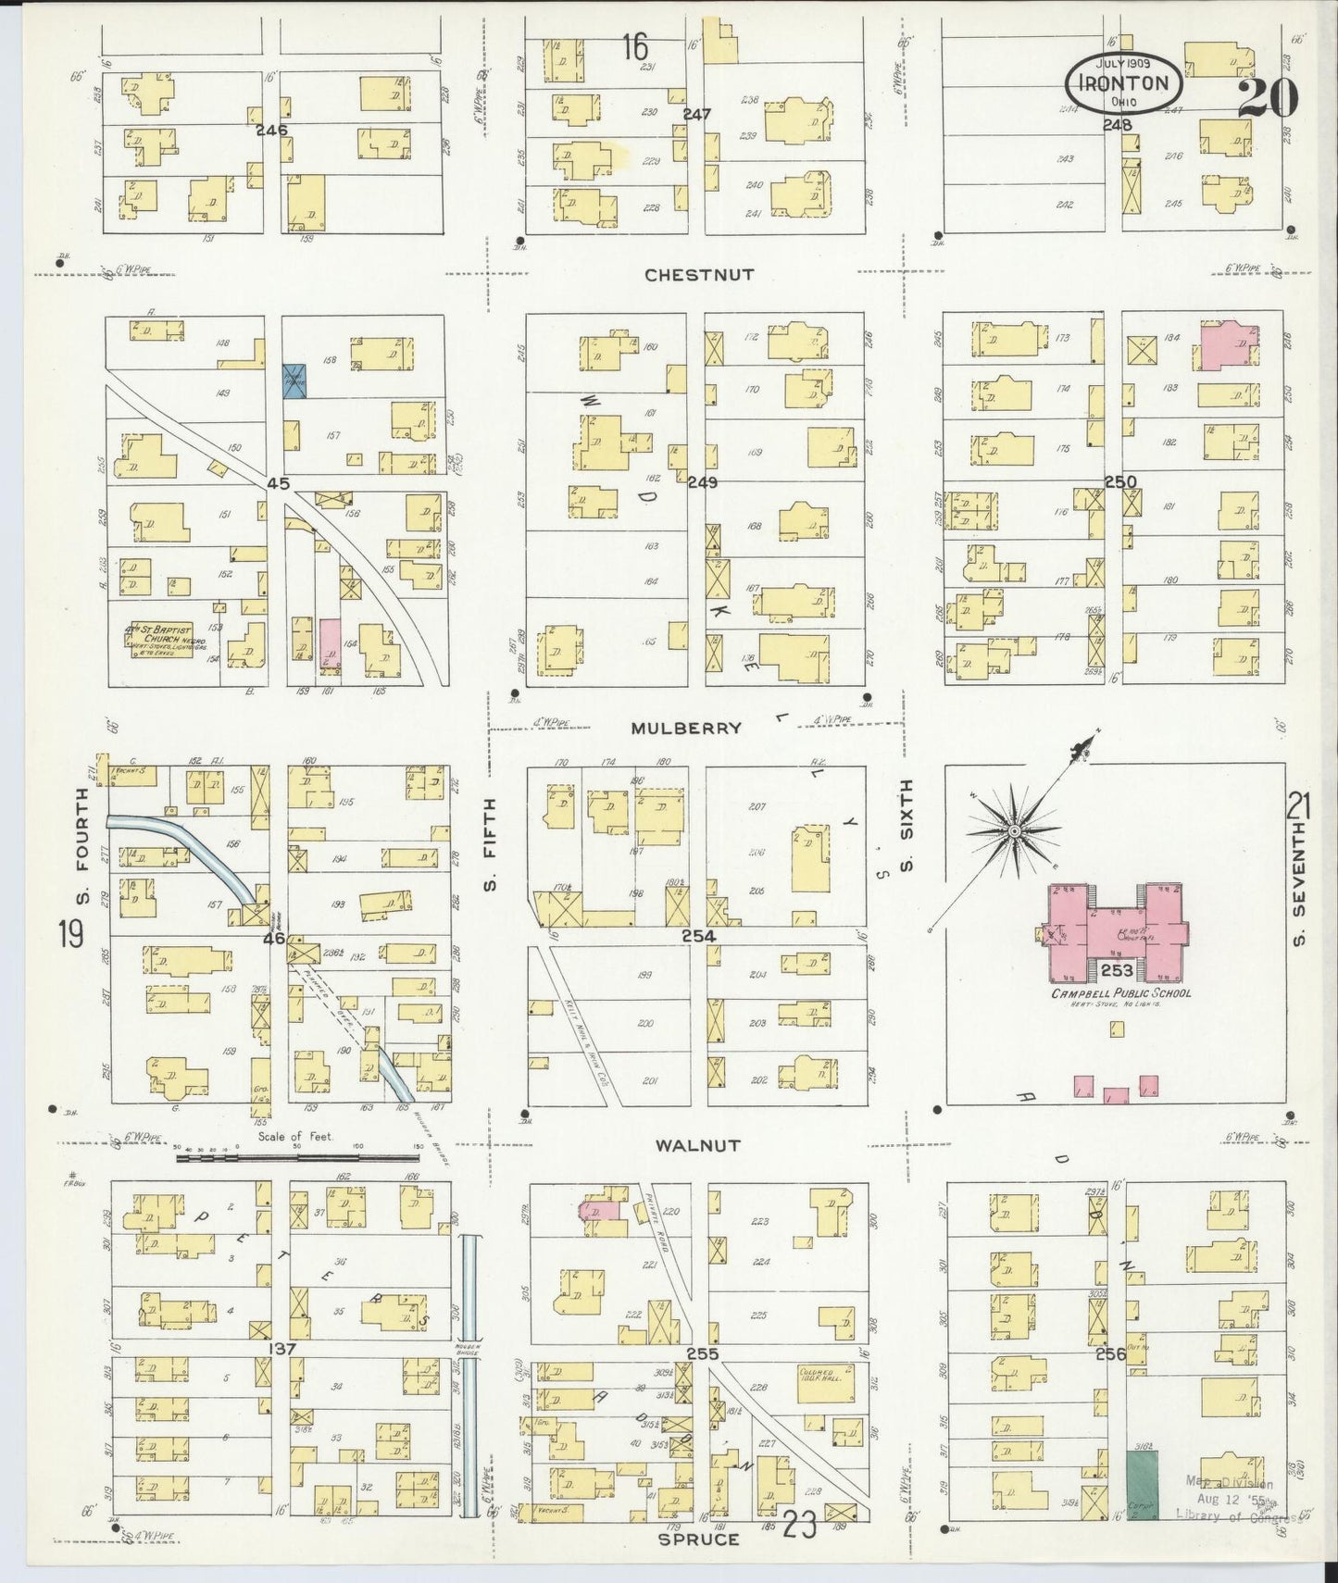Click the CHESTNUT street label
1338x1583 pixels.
pyautogui.click(x=699, y=275)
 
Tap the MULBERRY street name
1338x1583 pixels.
pyautogui.click(x=686, y=728)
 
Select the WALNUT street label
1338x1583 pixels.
pyautogui.click(x=697, y=1145)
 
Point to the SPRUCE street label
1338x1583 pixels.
pyautogui.click(x=698, y=1539)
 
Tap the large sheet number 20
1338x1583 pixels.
pyautogui.click(x=1268, y=96)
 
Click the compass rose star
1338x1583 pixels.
pyautogui.click(x=1014, y=832)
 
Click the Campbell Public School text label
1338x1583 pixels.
pyautogui.click(x=1120, y=993)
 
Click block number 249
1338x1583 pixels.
pyautogui.click(x=702, y=482)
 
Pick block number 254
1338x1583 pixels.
pyautogui.click(x=699, y=936)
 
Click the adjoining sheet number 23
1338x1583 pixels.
pyautogui.click(x=800, y=1524)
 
